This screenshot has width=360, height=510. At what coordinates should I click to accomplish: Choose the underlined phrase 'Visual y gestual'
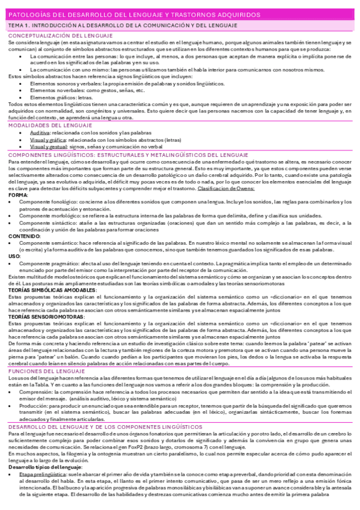49,146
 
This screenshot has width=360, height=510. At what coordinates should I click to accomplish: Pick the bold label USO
14,256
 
